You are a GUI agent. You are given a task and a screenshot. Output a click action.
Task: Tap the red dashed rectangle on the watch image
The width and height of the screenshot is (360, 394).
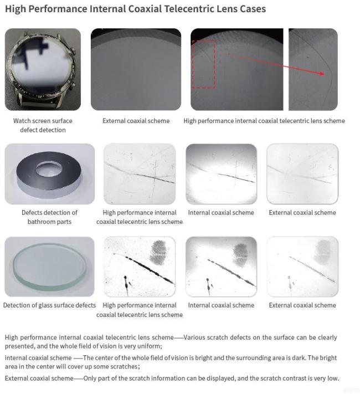[192, 64]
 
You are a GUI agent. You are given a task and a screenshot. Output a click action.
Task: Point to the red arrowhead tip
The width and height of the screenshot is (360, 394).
[324, 74]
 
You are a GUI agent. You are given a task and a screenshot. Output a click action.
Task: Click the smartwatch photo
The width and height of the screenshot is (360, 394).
[43, 69]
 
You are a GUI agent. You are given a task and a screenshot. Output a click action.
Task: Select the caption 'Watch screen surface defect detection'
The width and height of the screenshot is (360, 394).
[43, 125]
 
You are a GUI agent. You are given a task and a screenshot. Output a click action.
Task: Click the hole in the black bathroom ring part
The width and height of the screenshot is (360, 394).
[49, 168]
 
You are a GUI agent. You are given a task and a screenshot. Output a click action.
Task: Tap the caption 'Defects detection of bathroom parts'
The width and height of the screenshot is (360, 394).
[49, 217]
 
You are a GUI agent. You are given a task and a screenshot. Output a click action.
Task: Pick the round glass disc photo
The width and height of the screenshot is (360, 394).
[49, 267]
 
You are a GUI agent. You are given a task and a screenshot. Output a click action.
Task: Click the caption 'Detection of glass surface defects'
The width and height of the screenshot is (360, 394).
[49, 305]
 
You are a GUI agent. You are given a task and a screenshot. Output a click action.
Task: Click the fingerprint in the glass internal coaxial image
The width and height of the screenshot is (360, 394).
[240, 255]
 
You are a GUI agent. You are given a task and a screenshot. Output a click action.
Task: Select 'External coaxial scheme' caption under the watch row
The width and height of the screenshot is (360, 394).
[136, 121]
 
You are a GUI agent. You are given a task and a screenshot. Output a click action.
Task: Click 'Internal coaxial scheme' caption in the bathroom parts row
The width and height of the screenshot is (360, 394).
[221, 213]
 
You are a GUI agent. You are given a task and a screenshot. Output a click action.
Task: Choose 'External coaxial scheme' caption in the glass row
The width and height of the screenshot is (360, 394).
[302, 305]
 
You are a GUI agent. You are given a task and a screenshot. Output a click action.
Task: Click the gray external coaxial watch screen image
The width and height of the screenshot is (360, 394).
[136, 69]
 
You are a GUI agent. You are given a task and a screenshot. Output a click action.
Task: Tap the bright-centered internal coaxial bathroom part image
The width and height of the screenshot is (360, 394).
[222, 174]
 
